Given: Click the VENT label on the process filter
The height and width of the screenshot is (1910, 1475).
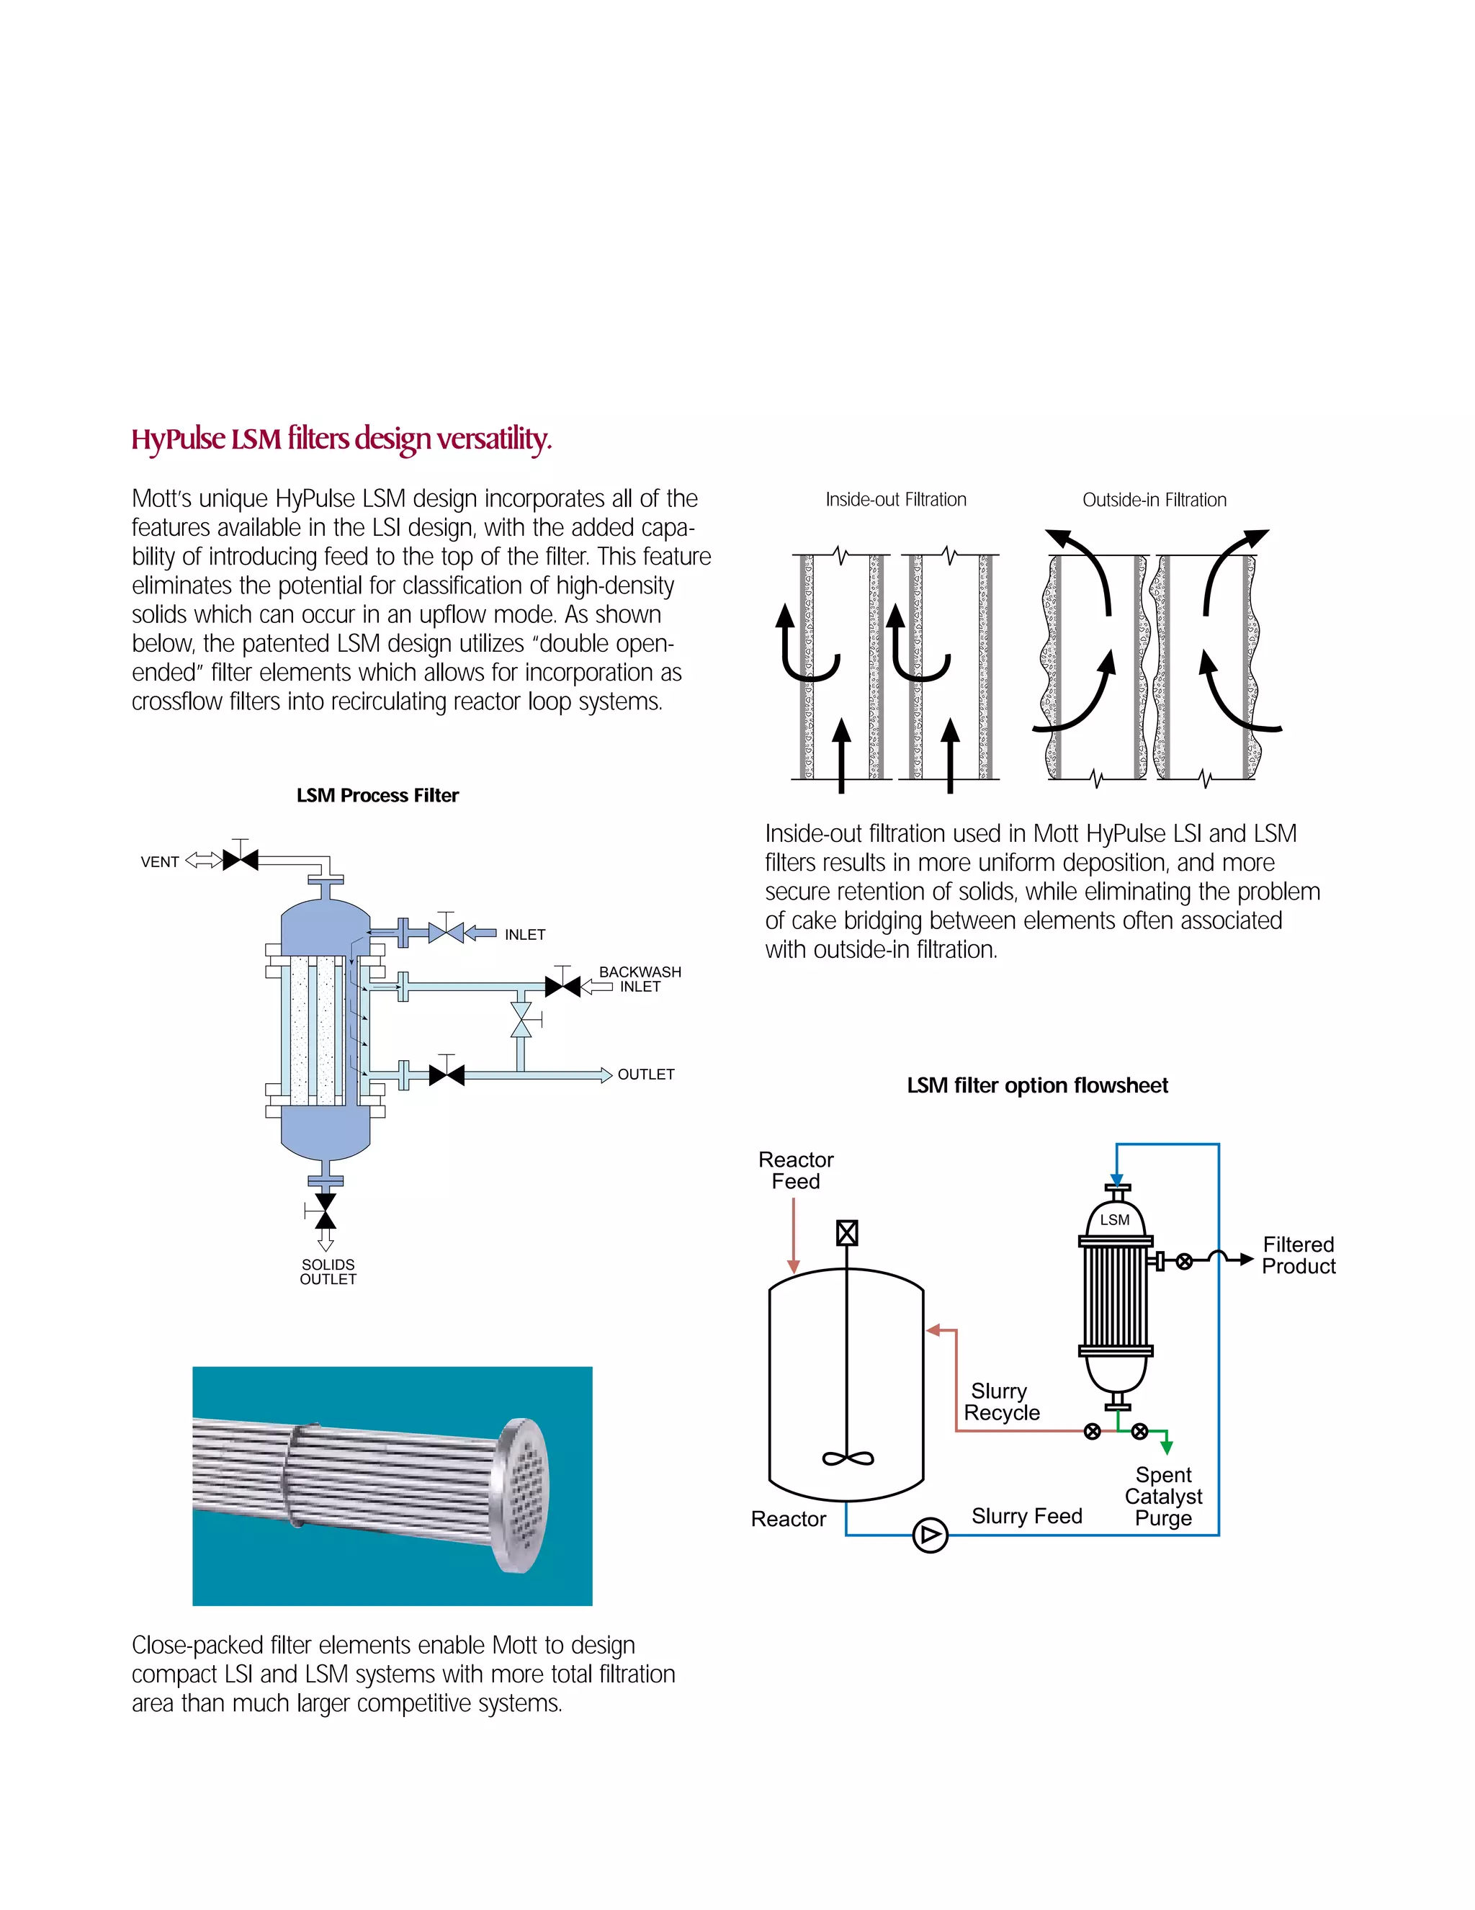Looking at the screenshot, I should click(x=160, y=861).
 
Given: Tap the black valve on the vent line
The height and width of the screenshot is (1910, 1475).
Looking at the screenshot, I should click(x=241, y=861).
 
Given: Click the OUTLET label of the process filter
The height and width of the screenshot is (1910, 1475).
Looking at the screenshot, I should click(x=646, y=1074).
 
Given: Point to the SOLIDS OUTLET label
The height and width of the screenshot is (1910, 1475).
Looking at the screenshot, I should click(x=328, y=1272).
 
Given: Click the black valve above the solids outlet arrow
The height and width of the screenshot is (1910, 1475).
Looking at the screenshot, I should click(x=326, y=1211).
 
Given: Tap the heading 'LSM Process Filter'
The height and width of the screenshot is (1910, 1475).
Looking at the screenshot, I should click(x=377, y=795).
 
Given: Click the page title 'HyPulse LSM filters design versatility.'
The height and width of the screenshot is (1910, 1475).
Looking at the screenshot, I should click(x=341, y=438).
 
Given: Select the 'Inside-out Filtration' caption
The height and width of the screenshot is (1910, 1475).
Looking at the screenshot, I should click(x=896, y=499).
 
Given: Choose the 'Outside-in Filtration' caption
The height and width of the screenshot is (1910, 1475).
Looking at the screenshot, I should click(x=1154, y=499).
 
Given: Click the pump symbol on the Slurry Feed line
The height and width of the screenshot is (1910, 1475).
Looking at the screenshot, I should click(x=929, y=1535).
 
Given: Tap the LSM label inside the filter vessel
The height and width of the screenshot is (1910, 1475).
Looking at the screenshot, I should click(x=1115, y=1219).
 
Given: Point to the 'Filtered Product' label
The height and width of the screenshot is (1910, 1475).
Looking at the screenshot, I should click(x=1299, y=1255).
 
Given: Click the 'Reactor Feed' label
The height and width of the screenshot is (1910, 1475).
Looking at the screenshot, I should click(x=796, y=1170).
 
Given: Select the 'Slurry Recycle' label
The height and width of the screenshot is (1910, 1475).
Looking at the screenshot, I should click(x=1001, y=1402).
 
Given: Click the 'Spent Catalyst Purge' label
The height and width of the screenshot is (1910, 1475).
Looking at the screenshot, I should click(x=1164, y=1497).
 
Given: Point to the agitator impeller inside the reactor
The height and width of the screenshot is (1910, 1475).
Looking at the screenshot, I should click(x=847, y=1458).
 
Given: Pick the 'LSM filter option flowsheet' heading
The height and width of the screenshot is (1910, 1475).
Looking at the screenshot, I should click(x=1037, y=1085).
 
